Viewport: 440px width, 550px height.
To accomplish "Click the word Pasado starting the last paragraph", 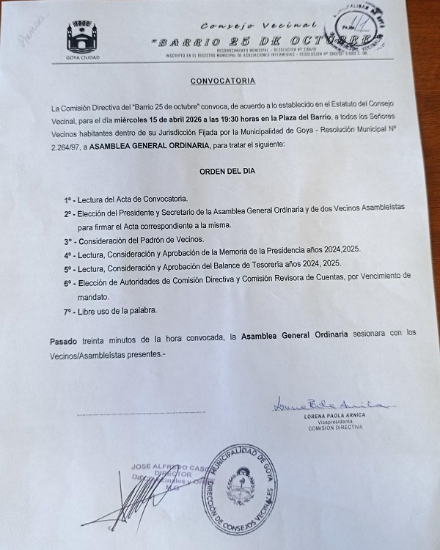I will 64,340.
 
